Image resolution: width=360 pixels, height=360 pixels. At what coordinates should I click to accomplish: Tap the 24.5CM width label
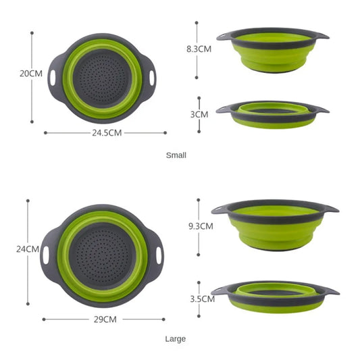[x=107, y=133]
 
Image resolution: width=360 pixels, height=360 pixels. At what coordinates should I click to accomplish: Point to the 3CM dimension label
[x=199, y=114]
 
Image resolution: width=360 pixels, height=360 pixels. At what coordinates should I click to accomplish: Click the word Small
[x=176, y=155]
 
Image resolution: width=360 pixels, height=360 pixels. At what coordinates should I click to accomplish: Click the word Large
[x=175, y=338]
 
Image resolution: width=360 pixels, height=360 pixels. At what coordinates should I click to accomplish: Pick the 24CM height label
[x=27, y=249]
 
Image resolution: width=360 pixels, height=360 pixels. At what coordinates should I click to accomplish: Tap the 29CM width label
[x=104, y=319]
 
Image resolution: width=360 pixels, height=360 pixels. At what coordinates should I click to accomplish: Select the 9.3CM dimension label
[x=200, y=226]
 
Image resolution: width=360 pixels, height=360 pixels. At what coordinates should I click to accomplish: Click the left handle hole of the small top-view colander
[x=52, y=77]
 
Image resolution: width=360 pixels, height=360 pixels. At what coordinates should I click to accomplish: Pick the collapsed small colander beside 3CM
[x=272, y=113]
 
